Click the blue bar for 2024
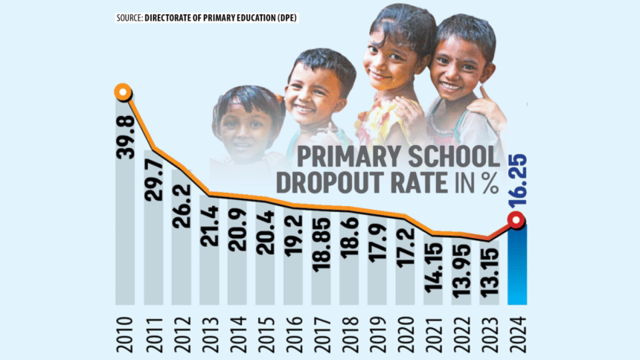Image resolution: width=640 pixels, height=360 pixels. tap(516, 264)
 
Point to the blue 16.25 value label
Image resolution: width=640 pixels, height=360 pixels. tap(518, 183)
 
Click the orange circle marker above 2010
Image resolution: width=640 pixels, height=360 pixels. tap(124, 93)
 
